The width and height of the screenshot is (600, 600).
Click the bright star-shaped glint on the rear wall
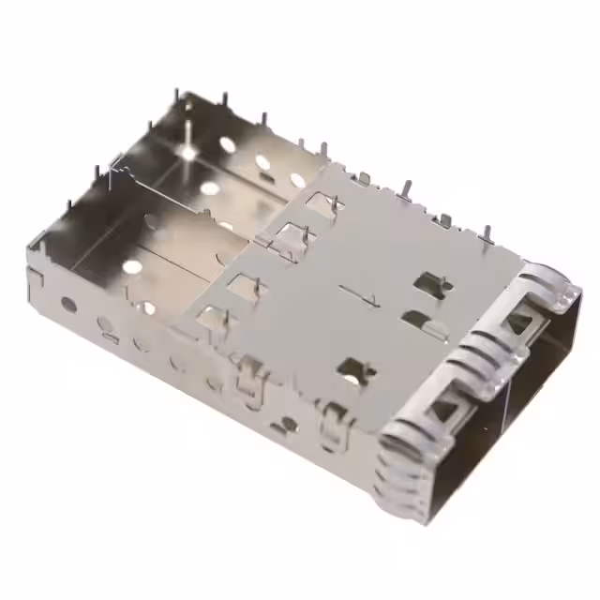(x=190, y=149)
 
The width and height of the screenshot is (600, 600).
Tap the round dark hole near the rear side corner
(x=68, y=304)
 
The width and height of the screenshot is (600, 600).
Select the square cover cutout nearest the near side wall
(x=210, y=319)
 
